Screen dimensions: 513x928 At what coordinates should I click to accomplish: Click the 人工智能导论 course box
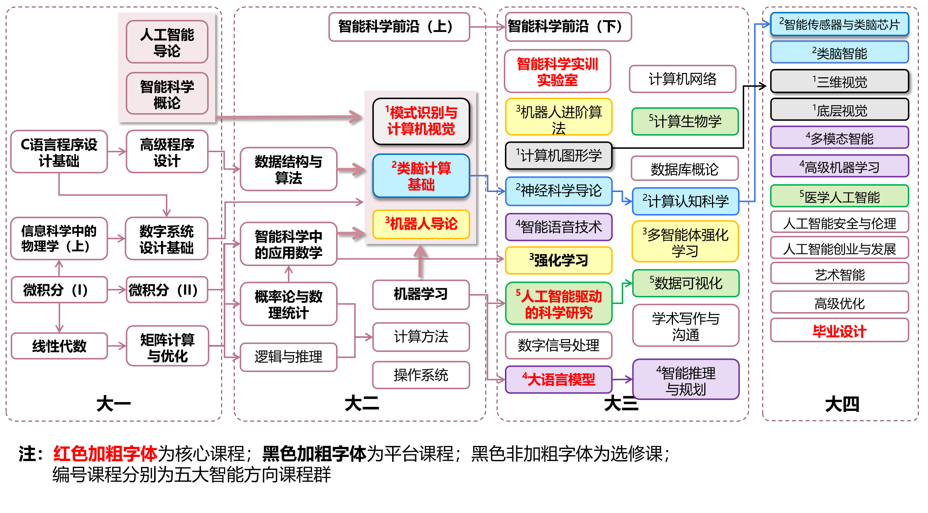pyautogui.click(x=167, y=42)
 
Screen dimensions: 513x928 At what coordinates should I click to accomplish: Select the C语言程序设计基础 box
pyautogui.click(x=59, y=152)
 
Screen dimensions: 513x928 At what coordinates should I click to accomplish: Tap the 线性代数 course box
pyautogui.click(x=59, y=346)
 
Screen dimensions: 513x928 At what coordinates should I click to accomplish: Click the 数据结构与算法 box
pyautogui.click(x=288, y=170)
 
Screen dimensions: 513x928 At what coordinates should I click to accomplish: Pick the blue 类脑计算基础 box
pyautogui.click(x=421, y=176)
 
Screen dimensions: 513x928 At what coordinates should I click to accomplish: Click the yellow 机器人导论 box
pyautogui.click(x=421, y=224)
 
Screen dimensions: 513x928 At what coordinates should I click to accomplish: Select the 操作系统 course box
pyautogui.click(x=421, y=375)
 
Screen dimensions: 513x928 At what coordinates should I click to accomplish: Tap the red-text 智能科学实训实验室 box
pyautogui.click(x=557, y=71)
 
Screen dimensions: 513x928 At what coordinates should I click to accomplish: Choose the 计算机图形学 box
pyautogui.click(x=558, y=156)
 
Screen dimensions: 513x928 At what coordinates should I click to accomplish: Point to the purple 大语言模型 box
pyautogui.click(x=558, y=380)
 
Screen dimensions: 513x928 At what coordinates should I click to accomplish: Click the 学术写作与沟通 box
pyautogui.click(x=685, y=326)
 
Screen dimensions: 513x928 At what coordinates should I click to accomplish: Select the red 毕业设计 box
pyautogui.click(x=839, y=331)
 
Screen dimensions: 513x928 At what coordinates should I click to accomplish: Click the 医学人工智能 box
pyautogui.click(x=839, y=197)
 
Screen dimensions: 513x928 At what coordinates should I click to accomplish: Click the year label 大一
pyautogui.click(x=113, y=404)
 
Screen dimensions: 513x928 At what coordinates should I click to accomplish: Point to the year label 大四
pyautogui.click(x=842, y=404)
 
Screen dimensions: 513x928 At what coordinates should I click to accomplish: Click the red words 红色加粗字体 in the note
pyautogui.click(x=105, y=454)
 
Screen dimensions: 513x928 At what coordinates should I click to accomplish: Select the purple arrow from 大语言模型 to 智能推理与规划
pyautogui.click(x=622, y=379)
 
